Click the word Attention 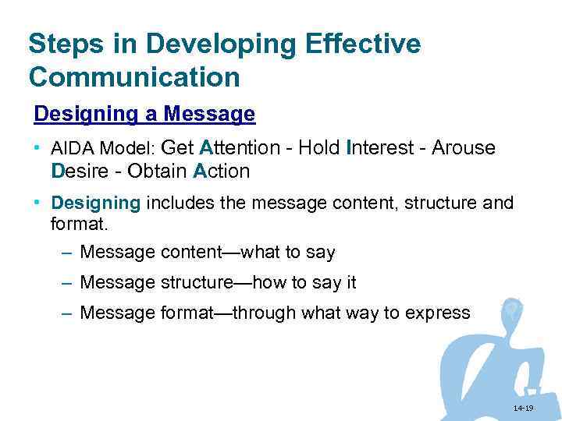(240, 147)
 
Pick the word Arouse (466, 147)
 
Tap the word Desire (77, 171)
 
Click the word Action (222, 171)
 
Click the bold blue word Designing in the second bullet (95, 203)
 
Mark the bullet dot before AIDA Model (37, 147)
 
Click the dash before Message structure (66, 283)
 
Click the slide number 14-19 (523, 409)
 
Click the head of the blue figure (512, 310)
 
